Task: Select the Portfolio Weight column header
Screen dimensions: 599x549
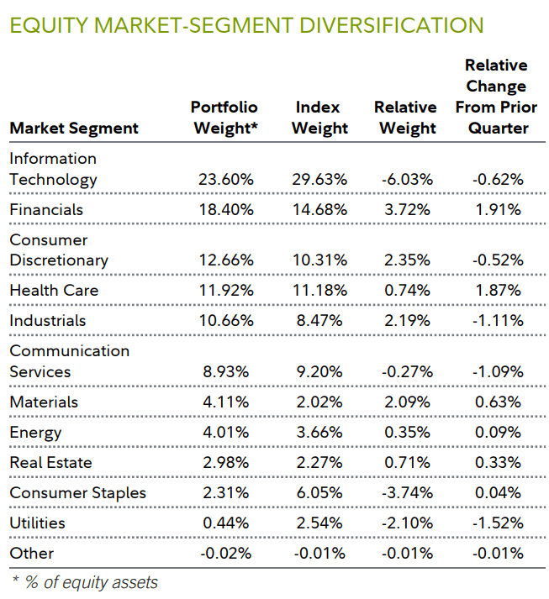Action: (x=224, y=118)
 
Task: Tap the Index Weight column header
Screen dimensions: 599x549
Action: (x=321, y=118)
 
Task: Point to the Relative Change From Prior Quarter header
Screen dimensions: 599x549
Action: (x=496, y=97)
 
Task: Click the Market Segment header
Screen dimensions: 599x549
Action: (x=74, y=129)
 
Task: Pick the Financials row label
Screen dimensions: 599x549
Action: (x=46, y=209)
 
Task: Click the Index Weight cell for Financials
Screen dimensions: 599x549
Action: (x=321, y=209)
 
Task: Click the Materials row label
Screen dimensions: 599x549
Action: (x=44, y=402)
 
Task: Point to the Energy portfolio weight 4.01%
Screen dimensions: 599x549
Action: (x=226, y=432)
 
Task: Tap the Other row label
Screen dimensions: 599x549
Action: (x=32, y=553)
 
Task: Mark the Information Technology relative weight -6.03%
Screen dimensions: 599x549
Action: (x=408, y=179)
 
